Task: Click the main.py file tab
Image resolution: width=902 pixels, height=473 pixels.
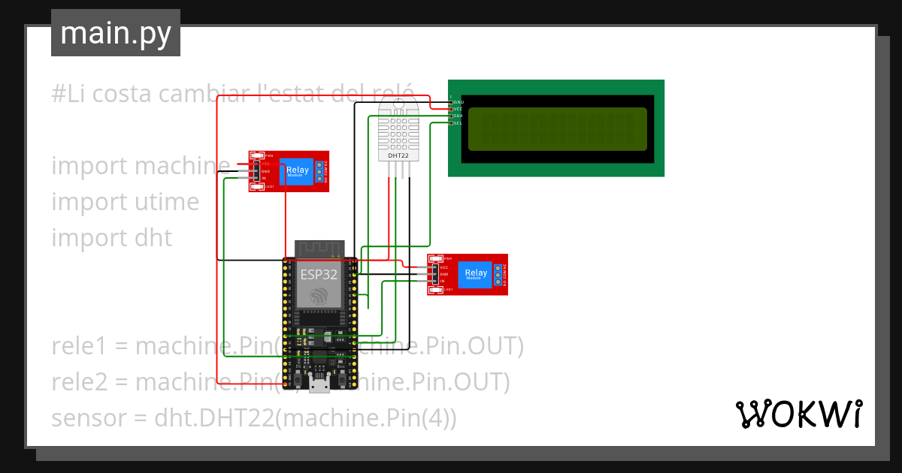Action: (115, 33)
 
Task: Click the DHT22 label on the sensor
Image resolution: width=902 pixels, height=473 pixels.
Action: (398, 156)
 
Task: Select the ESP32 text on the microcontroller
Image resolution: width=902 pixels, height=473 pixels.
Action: (319, 274)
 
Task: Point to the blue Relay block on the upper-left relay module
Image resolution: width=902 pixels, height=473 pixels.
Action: (297, 173)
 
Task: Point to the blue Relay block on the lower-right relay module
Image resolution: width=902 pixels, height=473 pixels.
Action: (474, 275)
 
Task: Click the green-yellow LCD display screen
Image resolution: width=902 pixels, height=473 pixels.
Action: (557, 128)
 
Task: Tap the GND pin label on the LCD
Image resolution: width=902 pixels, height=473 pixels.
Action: (458, 101)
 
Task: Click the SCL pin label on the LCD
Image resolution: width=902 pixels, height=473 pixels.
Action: (458, 123)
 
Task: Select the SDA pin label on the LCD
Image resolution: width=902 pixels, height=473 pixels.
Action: (458, 116)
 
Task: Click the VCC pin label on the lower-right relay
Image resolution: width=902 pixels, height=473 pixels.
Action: (443, 267)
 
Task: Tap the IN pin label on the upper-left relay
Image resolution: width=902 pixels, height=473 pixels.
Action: (264, 179)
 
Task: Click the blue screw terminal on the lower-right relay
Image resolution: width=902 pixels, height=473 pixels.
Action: (497, 275)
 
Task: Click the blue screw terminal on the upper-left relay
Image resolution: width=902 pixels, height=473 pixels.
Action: (319, 172)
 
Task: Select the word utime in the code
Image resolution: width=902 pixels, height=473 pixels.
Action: (164, 202)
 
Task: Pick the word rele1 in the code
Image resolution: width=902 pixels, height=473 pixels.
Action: (77, 346)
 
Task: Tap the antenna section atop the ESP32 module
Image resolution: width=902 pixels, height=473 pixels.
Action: (319, 249)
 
